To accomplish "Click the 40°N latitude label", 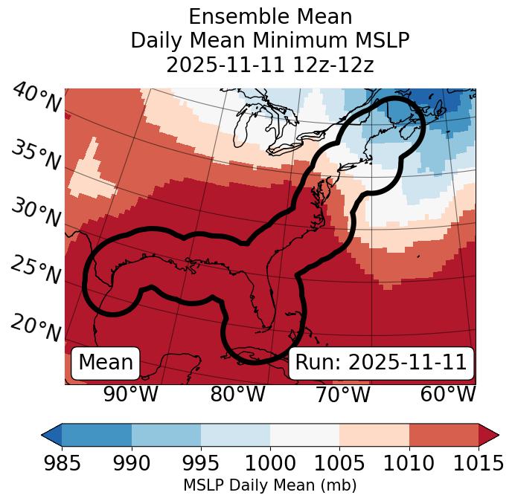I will [x=36, y=99].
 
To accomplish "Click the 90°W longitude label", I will [x=131, y=395].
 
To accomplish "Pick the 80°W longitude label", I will [x=238, y=395].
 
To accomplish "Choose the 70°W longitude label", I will [x=343, y=395].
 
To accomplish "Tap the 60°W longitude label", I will [x=448, y=395].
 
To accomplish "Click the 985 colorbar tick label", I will [x=62, y=463].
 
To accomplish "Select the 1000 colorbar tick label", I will [x=270, y=463].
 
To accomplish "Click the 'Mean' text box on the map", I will [x=106, y=363].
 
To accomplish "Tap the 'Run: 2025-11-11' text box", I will [x=381, y=363].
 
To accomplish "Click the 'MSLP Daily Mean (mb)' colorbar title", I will [x=269, y=485].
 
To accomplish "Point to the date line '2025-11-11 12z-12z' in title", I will [x=270, y=65].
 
